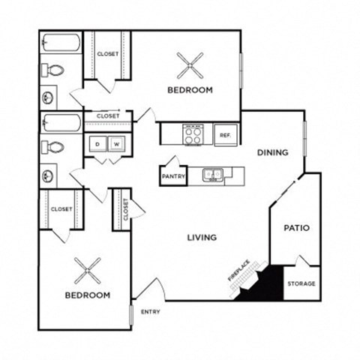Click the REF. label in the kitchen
pyautogui.click(x=224, y=135)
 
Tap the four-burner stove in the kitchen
pyautogui.click(x=193, y=134)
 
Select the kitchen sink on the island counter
pyautogui.click(x=214, y=175)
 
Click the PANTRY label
pyautogui.click(x=173, y=177)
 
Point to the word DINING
pyautogui.click(x=272, y=152)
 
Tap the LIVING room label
pyautogui.click(x=202, y=237)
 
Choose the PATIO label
pyautogui.click(x=297, y=228)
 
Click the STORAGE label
pyautogui.click(x=302, y=283)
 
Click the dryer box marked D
pyautogui.click(x=97, y=143)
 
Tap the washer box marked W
pyautogui.click(x=117, y=143)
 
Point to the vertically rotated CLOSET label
pyautogui.click(x=125, y=209)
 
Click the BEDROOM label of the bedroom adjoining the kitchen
pyautogui.click(x=190, y=89)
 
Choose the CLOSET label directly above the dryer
pyautogui.click(x=107, y=116)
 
